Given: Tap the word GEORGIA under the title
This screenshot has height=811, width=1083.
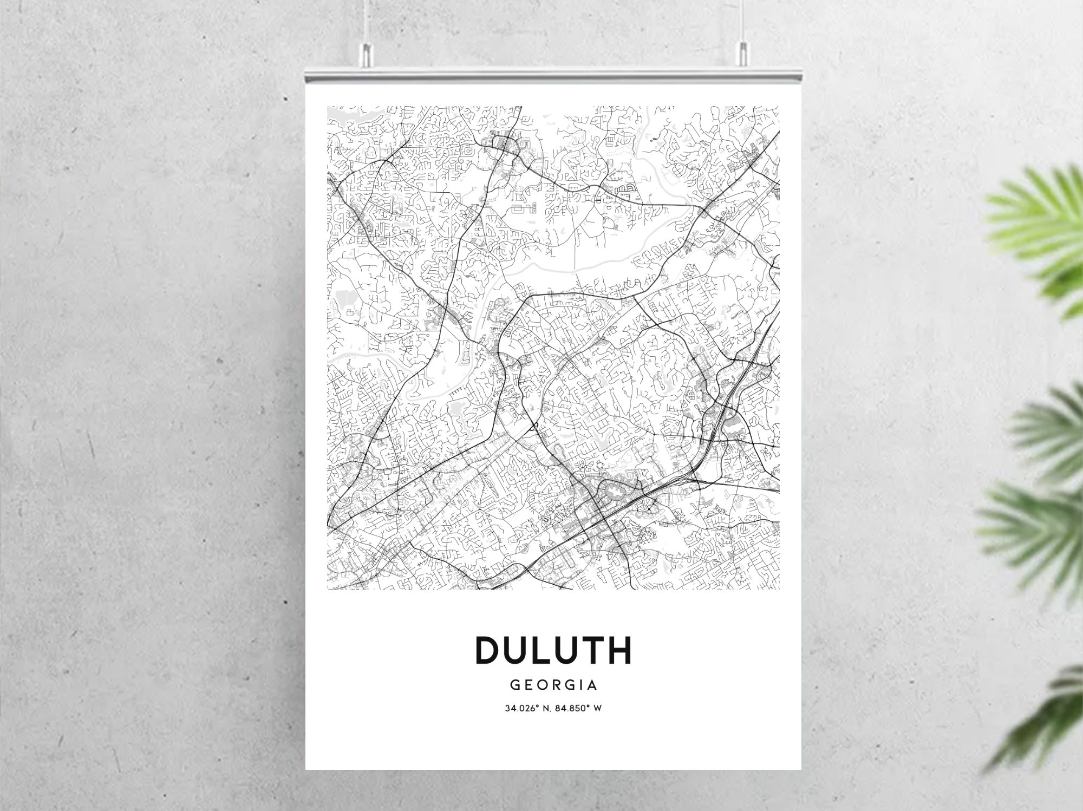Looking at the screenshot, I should coord(553,685).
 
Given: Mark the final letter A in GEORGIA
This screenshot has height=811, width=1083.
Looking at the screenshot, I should coord(592,685).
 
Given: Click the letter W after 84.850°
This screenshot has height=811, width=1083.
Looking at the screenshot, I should coord(598,708).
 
